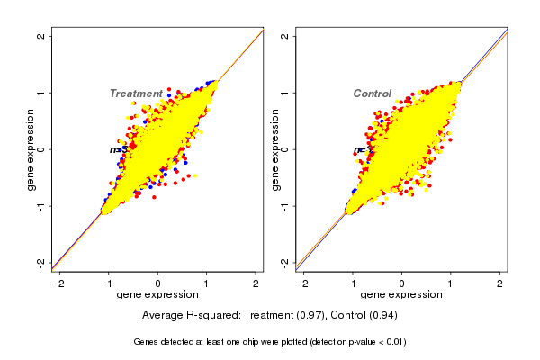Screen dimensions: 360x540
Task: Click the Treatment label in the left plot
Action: tap(136, 94)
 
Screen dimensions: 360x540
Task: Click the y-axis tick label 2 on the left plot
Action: tap(41, 37)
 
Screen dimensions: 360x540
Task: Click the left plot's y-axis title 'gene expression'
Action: tap(31, 149)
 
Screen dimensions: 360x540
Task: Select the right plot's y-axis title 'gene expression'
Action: tap(274, 149)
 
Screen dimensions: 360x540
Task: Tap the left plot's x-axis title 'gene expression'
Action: tap(157, 295)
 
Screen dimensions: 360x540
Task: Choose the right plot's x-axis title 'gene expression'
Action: tap(401, 295)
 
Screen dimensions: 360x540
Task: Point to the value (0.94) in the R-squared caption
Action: tap(379, 316)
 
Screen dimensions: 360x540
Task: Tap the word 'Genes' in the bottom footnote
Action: tap(147, 342)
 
